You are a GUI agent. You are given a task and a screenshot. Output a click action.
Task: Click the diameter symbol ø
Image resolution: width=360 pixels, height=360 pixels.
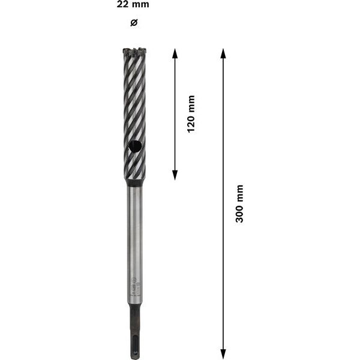134,22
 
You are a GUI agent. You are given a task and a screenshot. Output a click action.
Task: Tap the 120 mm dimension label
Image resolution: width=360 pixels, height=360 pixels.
191,113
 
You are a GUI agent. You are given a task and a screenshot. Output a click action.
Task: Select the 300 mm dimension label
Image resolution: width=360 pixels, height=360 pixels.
239,204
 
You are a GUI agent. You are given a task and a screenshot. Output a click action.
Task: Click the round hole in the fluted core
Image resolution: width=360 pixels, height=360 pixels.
136,145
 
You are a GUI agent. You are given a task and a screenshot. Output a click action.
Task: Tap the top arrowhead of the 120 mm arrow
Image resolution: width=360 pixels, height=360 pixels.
175,53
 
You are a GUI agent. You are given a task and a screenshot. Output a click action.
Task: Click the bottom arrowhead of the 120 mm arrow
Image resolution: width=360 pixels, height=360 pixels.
175,175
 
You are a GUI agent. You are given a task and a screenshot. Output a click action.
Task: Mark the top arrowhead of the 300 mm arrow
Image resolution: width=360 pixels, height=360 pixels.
223,53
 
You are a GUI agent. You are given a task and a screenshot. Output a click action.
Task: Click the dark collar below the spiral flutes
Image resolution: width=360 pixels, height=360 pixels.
134,182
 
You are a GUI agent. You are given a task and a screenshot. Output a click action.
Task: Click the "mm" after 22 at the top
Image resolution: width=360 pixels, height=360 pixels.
142,5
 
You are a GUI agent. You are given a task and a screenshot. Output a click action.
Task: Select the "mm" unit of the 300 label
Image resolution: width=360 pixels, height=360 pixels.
239,193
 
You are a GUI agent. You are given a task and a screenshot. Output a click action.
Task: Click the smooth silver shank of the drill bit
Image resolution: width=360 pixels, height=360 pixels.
134,240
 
